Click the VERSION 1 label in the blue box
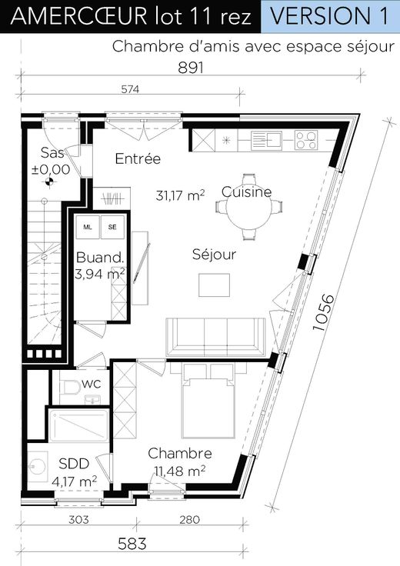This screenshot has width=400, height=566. click(329, 16)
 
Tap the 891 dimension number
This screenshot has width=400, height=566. click(191, 68)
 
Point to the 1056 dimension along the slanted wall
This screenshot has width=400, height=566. click(324, 312)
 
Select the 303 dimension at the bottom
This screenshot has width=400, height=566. click(78, 519)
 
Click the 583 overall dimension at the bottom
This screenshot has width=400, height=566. click(132, 544)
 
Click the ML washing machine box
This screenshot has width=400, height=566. click(88, 227)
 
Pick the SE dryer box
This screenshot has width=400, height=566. click(112, 227)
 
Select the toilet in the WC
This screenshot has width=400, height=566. click(70, 388)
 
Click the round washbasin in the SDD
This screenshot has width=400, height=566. click(38, 467)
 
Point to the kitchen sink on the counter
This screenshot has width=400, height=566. click(266, 140)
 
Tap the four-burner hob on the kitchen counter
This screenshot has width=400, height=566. click(306, 140)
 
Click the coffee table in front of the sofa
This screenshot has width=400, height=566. click(214, 285)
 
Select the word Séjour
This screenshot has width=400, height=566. click(214, 254)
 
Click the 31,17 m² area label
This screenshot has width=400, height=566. click(181, 195)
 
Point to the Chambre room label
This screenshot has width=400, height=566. click(180, 454)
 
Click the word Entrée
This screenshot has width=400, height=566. click(138, 158)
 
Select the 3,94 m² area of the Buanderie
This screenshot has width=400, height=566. click(100, 274)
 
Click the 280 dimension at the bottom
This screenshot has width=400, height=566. click(189, 519)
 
